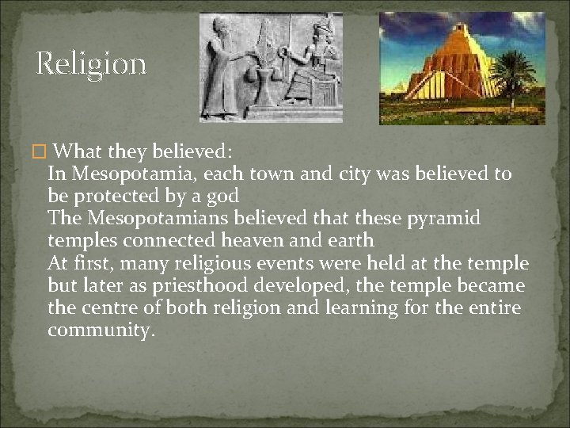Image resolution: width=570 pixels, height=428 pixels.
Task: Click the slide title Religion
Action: (91, 63)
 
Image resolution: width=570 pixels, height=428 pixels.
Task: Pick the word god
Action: (222, 196)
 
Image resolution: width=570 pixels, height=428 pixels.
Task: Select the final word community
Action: (100, 330)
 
